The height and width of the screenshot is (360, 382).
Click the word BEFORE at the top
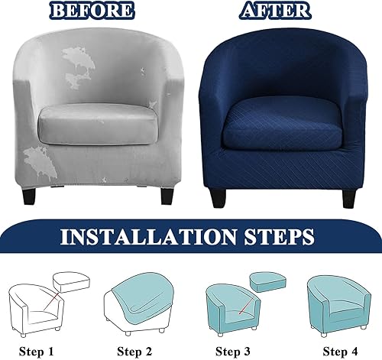tap(92, 11)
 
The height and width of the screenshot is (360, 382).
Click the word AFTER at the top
tap(275, 11)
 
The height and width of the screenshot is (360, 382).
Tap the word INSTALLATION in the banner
tap(149, 237)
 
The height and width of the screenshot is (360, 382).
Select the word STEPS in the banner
tap(279, 237)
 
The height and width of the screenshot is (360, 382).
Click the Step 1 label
tap(37, 352)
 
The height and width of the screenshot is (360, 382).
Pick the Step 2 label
tap(134, 352)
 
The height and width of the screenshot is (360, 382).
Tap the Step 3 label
tap(233, 352)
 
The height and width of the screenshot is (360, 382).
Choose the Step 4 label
tap(340, 352)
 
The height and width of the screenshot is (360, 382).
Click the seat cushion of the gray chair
tap(98, 125)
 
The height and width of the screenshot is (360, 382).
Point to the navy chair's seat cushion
tap(281, 124)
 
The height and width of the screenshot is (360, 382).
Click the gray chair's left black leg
tap(29, 196)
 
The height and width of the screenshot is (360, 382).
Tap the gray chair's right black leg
tap(167, 196)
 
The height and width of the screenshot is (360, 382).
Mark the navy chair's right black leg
tap(349, 199)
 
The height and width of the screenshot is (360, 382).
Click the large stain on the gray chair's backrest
tap(79, 66)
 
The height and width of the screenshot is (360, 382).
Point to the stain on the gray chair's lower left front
tap(40, 164)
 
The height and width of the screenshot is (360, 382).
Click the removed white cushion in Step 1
tap(71, 281)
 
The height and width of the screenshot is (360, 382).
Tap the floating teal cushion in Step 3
tap(267, 281)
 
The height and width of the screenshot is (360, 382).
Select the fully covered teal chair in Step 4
tap(339, 306)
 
